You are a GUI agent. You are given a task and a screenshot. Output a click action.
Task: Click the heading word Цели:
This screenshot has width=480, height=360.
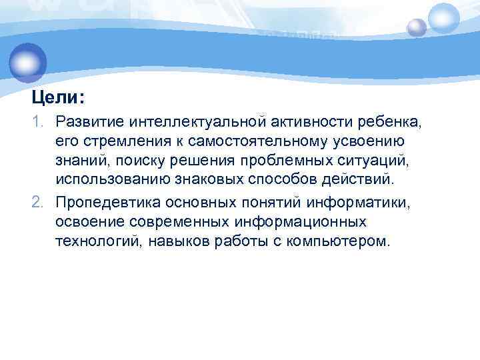point(58,98)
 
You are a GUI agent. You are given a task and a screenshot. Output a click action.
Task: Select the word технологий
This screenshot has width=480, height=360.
point(95,240)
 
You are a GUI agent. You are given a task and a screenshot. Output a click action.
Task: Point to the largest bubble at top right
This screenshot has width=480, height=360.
point(443,18)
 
